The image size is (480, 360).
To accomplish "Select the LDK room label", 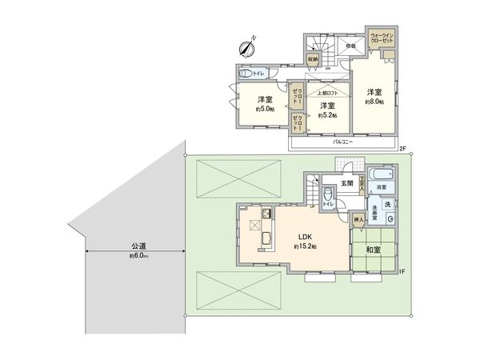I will (x=305, y=238).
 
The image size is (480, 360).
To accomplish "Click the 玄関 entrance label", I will (x=348, y=183).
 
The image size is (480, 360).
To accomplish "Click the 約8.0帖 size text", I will (x=374, y=102).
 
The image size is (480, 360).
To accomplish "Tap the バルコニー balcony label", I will (x=344, y=141).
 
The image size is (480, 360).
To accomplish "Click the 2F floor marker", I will (x=404, y=150).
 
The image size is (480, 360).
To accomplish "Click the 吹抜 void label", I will (x=350, y=46).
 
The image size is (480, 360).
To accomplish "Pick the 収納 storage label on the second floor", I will (x=313, y=59).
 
